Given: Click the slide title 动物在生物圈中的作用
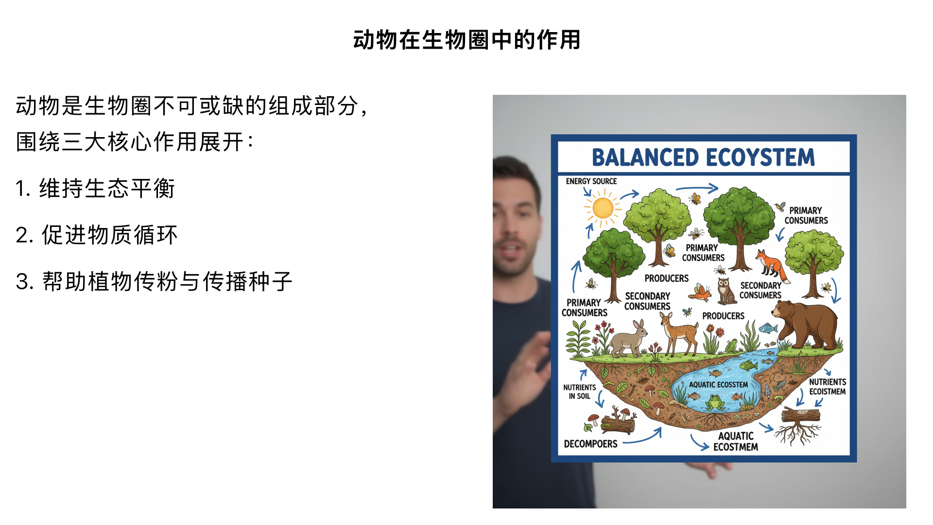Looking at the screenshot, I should coord(466,40).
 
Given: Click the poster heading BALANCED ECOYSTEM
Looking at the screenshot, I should coord(703,157).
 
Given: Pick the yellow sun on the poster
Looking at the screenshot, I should coord(603,209).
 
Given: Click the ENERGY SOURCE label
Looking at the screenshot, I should coord(591,181).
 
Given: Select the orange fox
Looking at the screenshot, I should coord(770,265).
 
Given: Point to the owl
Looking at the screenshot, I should coord(726,292).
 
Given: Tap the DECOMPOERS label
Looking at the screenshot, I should coord(590,444).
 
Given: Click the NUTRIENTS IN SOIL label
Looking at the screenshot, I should coord(579,392).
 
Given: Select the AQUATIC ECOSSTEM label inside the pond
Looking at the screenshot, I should coord(718,385).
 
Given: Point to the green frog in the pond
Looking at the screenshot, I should coord(715,402).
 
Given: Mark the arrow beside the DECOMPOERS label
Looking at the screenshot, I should coord(643,437).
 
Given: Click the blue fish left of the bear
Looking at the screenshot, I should coord(768,328).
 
